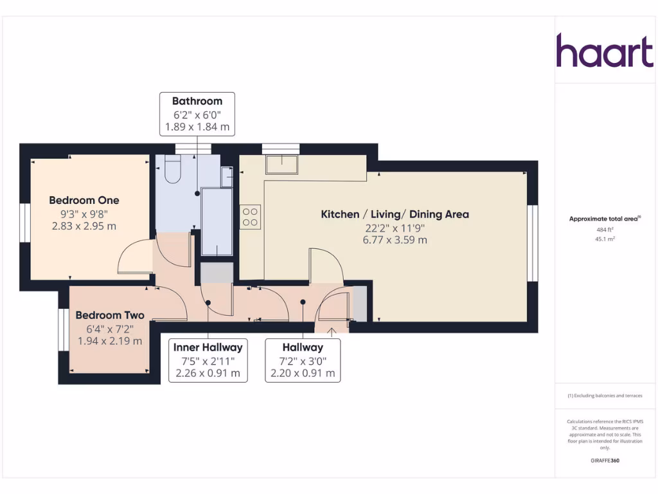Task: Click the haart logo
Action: tap(604, 51)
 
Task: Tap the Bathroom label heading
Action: tap(197, 101)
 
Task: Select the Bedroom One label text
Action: tap(84, 200)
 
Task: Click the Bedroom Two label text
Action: tap(110, 315)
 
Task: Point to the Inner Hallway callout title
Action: tap(208, 347)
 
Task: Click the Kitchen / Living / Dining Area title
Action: tap(395, 214)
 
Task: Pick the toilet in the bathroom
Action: tap(173, 169)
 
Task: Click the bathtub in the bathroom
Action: tap(217, 221)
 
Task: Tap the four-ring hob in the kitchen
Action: tap(250, 217)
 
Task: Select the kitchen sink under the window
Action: tap(281, 164)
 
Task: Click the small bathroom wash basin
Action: tap(226, 177)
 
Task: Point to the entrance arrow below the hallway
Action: tap(332, 332)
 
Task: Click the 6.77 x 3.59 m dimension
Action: tap(395, 240)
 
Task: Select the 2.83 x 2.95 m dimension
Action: tap(84, 226)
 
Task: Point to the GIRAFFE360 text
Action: tap(605, 461)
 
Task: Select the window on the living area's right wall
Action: tap(532, 243)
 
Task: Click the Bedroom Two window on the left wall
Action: tap(63, 329)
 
